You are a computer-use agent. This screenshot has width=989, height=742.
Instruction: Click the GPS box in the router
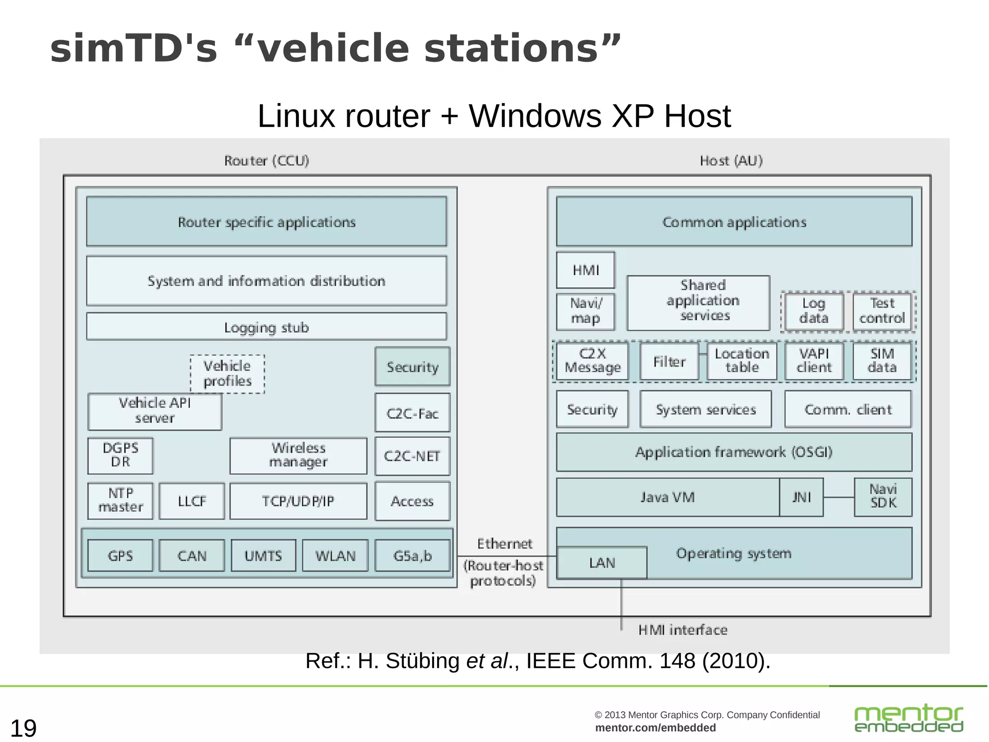pyautogui.click(x=120, y=556)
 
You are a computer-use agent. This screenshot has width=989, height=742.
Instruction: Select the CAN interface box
pyautogui.click(x=192, y=556)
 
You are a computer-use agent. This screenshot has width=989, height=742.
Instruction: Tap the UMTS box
pyautogui.click(x=263, y=556)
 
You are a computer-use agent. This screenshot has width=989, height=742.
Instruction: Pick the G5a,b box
pyautogui.click(x=412, y=556)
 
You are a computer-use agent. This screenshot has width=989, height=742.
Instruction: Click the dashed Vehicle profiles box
pyautogui.click(x=227, y=373)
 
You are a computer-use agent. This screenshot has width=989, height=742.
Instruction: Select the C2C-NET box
pyautogui.click(x=412, y=456)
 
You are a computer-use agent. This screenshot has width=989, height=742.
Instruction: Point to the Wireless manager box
pyautogui.click(x=298, y=455)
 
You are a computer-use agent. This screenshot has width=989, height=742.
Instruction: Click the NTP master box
pyautogui.click(x=120, y=500)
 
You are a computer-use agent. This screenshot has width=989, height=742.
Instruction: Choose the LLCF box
pyautogui.click(x=192, y=501)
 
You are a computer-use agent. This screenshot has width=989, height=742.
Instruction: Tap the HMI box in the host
pyautogui.click(x=585, y=270)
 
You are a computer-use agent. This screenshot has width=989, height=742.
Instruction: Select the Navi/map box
pyautogui.click(x=585, y=311)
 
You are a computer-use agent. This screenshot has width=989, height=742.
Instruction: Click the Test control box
pyautogui.click(x=882, y=311)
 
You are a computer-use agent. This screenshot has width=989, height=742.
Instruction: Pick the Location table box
pyautogui.click(x=742, y=361)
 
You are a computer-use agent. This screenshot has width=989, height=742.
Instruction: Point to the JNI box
pyautogui.click(x=801, y=497)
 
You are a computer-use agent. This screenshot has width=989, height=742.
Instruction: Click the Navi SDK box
pyautogui.click(x=883, y=497)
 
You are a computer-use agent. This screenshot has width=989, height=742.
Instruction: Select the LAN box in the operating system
pyautogui.click(x=602, y=563)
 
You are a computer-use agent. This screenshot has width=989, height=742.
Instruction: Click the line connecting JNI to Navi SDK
pyautogui.click(x=839, y=497)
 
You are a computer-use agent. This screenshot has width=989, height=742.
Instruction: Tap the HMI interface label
pyautogui.click(x=682, y=630)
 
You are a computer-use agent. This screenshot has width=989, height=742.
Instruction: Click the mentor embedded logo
pyautogui.click(x=908, y=718)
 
